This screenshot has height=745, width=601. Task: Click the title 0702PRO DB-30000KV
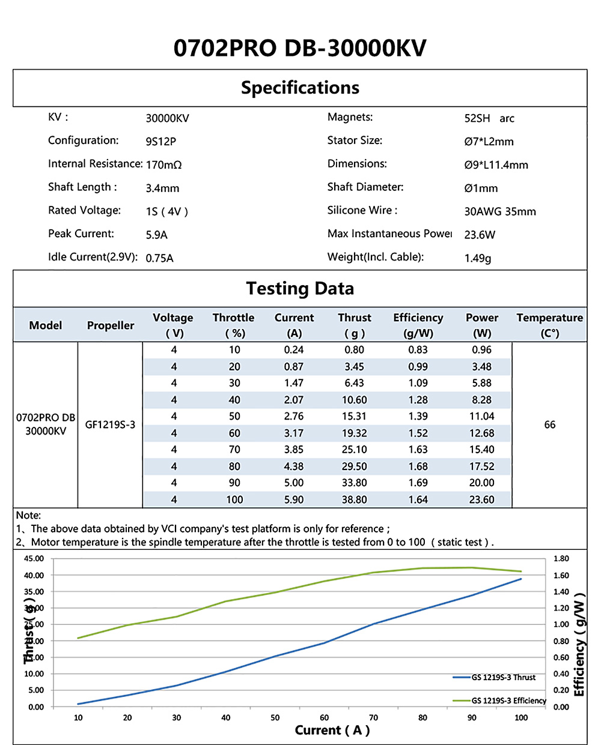click(x=300, y=48)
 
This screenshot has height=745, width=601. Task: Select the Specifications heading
click(x=300, y=88)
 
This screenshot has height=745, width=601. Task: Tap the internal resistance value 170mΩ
click(x=163, y=165)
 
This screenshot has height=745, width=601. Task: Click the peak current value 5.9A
click(x=156, y=235)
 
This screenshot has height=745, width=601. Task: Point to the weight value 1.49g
click(x=478, y=258)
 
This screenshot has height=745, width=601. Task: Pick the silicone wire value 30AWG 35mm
click(x=500, y=211)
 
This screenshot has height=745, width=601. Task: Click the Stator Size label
click(x=355, y=140)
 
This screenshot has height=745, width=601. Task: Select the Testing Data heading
click(x=300, y=289)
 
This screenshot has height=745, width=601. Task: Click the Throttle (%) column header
click(x=233, y=325)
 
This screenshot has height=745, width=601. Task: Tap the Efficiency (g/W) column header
click(x=418, y=325)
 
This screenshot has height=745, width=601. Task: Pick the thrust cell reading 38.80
click(x=354, y=499)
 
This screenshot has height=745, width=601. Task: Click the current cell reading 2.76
click(x=294, y=417)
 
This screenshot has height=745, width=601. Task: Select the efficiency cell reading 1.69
click(x=418, y=483)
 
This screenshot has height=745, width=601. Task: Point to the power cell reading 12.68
click(x=481, y=433)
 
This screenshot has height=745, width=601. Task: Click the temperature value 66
click(x=549, y=425)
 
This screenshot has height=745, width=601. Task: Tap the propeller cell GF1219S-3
click(x=110, y=425)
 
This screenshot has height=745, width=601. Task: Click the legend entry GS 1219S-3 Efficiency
click(x=508, y=701)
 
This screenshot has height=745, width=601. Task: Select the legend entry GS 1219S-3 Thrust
click(x=503, y=677)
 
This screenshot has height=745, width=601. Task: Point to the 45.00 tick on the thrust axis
click(x=34, y=559)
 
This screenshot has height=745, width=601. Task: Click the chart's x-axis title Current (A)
click(x=332, y=730)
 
